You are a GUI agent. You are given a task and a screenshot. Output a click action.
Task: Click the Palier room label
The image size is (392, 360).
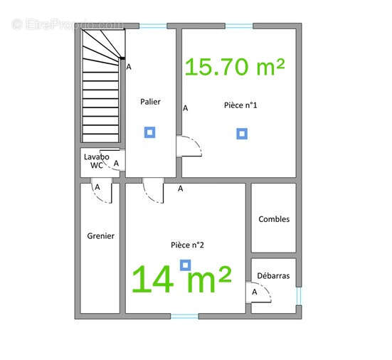[150, 102]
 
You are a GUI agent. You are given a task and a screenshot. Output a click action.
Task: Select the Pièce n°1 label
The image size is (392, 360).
[240, 105]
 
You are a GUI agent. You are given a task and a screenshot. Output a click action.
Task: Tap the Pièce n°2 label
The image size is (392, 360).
[187, 245]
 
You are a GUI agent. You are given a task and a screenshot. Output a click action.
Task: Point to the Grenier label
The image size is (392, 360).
[101, 235]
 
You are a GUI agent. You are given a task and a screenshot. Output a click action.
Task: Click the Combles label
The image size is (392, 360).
[274, 219]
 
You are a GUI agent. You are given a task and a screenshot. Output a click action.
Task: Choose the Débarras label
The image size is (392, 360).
[273, 276]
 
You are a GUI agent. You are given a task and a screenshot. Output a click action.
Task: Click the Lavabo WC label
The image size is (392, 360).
[97, 161]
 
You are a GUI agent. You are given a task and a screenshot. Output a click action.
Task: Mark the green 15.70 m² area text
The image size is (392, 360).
[235, 67]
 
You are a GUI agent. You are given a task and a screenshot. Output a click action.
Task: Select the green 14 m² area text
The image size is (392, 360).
[181, 279]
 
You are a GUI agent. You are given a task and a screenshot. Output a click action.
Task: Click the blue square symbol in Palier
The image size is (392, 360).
[149, 132]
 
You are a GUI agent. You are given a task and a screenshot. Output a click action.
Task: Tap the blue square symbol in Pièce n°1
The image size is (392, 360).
[242, 134]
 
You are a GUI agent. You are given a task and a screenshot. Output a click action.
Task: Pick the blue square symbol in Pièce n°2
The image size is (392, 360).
[185, 265]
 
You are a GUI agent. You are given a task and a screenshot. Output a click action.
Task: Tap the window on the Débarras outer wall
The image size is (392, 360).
[299, 296]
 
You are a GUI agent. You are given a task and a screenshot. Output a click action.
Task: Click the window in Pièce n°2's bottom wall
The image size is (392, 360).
[185, 317]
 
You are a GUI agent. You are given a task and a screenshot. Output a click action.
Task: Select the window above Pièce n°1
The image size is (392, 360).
[239, 26]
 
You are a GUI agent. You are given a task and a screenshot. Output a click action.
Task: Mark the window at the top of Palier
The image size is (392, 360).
[153, 26]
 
